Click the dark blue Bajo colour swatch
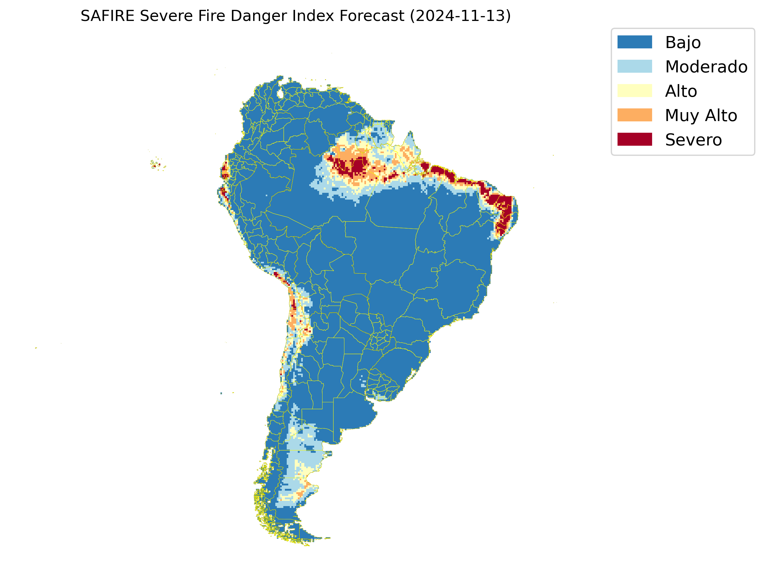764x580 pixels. pyautogui.click(x=635, y=42)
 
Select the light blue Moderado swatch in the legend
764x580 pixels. pyautogui.click(x=635, y=66)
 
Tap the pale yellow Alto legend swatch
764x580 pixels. pyautogui.click(x=635, y=91)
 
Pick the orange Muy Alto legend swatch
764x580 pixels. pyautogui.click(x=635, y=115)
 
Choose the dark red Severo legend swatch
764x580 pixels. pyautogui.click(x=635, y=139)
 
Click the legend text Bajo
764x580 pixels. pyautogui.click(x=683, y=43)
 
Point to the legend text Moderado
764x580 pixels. pyautogui.click(x=706, y=67)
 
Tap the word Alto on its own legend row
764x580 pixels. pyautogui.click(x=681, y=91)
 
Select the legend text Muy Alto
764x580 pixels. pyautogui.click(x=701, y=115)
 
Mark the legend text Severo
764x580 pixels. pyautogui.click(x=693, y=140)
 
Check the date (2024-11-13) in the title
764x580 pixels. pyautogui.click(x=460, y=16)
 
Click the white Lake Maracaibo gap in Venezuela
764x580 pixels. pyautogui.click(x=280, y=93)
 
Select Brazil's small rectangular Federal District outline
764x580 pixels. pyautogui.click(x=434, y=270)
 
